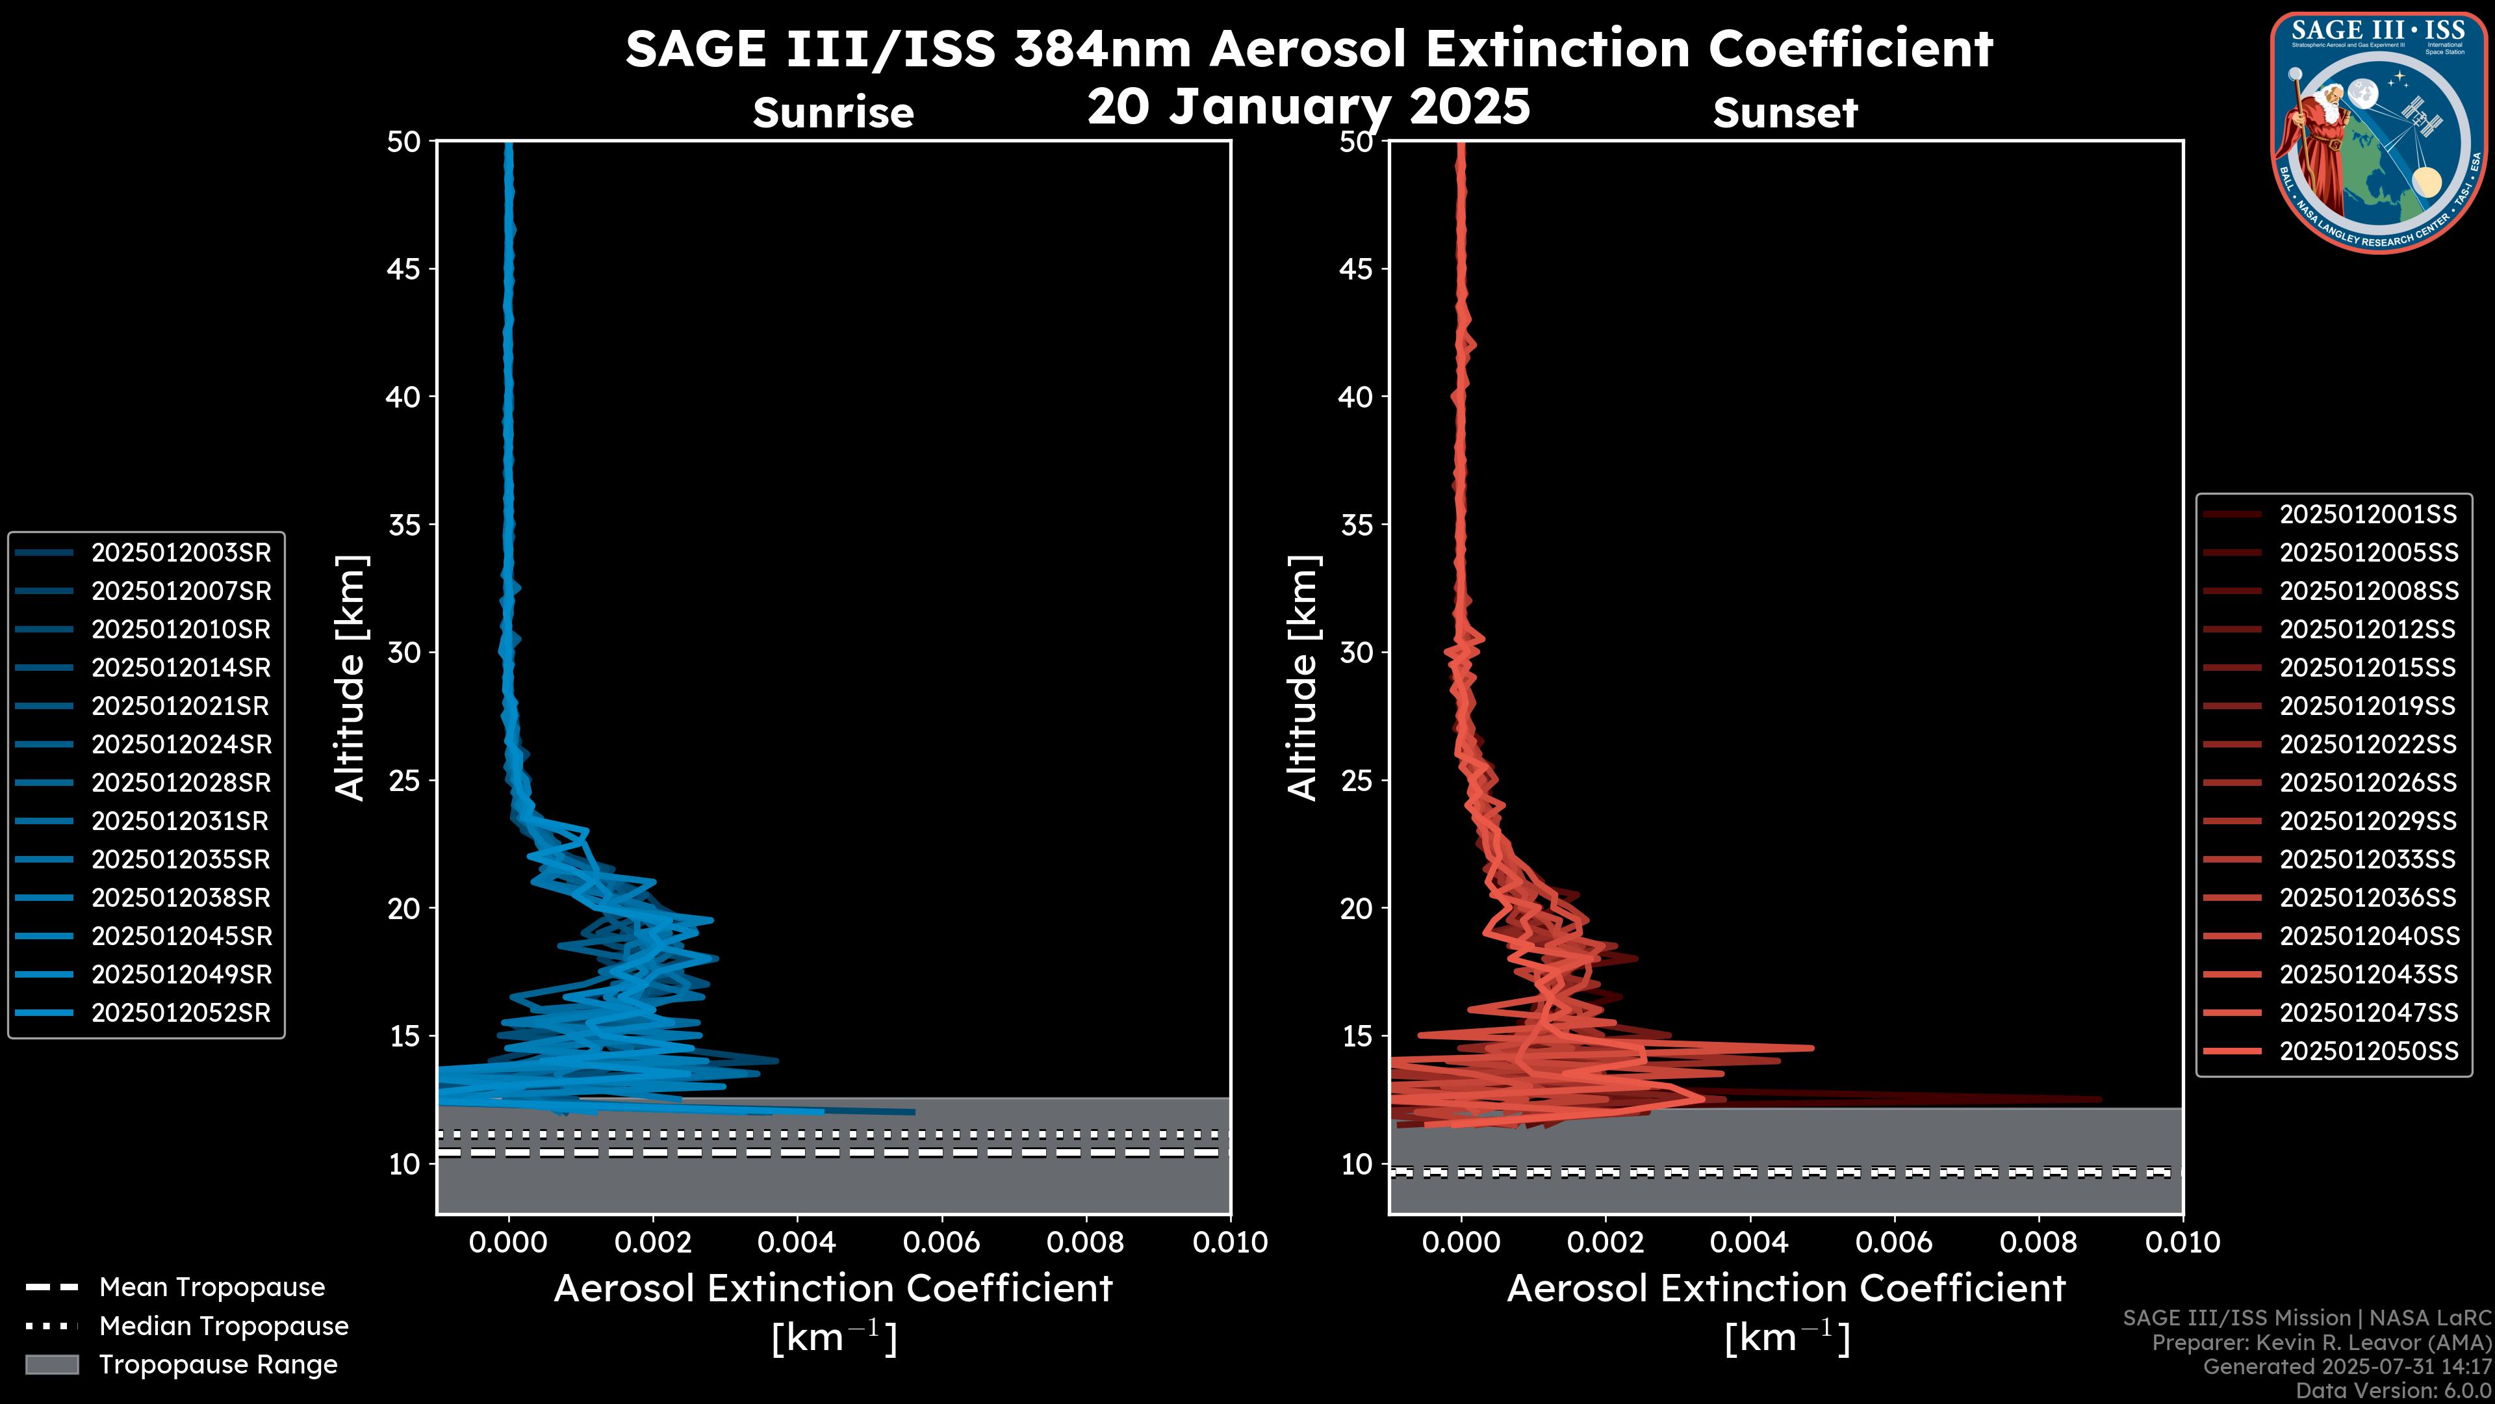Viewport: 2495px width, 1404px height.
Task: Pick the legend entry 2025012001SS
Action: tap(2368, 513)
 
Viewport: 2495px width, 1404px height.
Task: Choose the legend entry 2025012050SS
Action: tap(2368, 1050)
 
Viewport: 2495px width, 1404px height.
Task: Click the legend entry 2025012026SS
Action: tap(2368, 782)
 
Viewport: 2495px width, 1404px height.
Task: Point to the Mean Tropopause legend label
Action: tap(211, 1287)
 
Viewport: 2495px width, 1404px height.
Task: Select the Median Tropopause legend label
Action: tap(223, 1325)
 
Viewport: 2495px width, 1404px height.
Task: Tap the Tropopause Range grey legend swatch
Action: tap(51, 1364)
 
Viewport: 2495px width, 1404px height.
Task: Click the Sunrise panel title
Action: tap(833, 112)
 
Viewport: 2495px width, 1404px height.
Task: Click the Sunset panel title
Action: tap(1785, 112)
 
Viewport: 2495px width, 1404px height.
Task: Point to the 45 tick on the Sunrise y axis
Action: tap(403, 268)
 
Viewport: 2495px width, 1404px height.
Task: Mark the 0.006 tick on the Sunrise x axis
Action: tap(941, 1242)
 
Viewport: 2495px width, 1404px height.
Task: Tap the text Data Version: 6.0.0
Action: tap(2394, 1390)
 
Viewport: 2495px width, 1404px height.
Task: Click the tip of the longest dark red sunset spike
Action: tap(2101, 1098)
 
